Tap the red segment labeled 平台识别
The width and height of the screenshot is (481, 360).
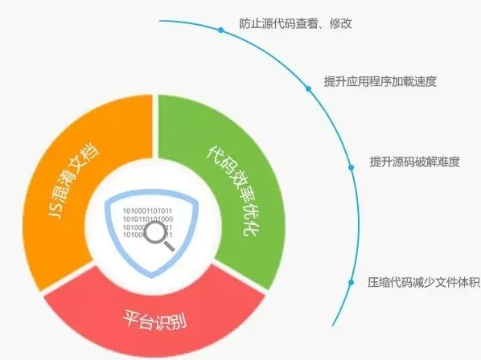(x=154, y=319)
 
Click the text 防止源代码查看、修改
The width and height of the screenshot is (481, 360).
(x=295, y=23)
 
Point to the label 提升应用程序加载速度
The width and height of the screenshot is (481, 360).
(x=380, y=81)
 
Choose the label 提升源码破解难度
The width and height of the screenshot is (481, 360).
(x=415, y=162)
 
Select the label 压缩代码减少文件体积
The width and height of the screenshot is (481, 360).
(x=424, y=282)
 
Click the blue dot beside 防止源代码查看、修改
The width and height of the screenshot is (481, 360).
(x=221, y=30)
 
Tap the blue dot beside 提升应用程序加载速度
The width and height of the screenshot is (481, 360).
(x=308, y=89)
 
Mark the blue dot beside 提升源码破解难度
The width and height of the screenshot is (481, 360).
(x=351, y=167)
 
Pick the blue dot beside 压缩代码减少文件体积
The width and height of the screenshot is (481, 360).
(x=351, y=282)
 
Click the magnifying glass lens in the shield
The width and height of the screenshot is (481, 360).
(x=155, y=232)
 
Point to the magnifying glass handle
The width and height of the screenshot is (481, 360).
(x=169, y=246)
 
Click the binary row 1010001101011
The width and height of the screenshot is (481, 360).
(x=147, y=211)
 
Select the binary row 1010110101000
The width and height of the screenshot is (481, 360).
(x=148, y=219)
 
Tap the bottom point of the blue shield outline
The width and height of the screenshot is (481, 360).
(x=152, y=277)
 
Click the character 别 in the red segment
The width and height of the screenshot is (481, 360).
(x=179, y=322)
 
